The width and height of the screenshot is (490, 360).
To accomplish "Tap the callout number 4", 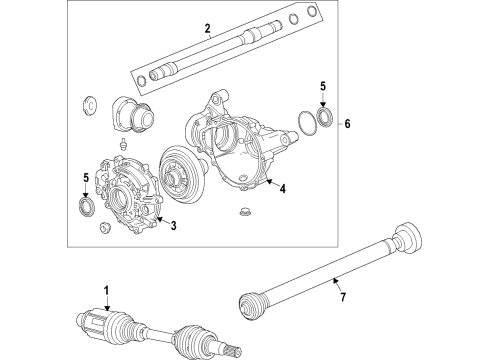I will tap(284, 187).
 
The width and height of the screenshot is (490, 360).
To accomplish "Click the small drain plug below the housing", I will tap(245, 211).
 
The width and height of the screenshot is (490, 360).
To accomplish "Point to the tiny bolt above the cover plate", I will tap(121, 145).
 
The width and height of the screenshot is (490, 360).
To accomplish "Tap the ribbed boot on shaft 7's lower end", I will tap(253, 304).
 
